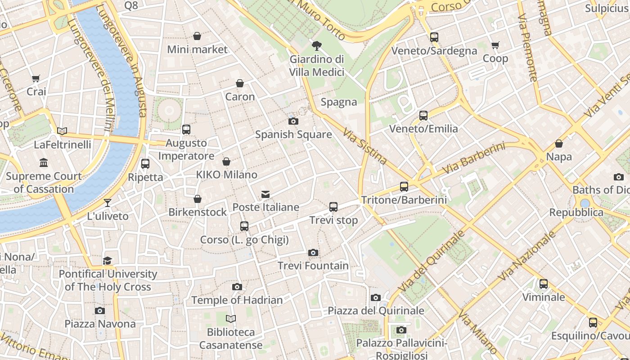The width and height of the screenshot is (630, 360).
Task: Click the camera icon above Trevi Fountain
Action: (313, 252)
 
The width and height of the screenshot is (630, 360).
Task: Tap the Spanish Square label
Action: (293, 134)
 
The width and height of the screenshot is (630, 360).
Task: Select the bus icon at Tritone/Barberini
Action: (404, 186)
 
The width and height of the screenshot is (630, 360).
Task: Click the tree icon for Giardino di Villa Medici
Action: (317, 45)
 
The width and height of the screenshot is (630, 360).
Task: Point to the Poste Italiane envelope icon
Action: (265, 194)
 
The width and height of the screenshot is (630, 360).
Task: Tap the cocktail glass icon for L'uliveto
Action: (108, 202)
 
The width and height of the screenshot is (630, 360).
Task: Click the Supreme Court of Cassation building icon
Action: (44, 162)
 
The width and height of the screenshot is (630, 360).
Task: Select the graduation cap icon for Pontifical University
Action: (107, 261)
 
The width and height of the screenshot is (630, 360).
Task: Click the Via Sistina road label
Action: (364, 146)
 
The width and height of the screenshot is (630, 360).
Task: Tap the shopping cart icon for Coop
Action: (495, 45)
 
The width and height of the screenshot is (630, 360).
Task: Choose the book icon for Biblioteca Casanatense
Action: (231, 319)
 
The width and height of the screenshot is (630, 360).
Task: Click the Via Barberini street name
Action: (473, 158)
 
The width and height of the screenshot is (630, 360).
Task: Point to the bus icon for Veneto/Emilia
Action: (423, 115)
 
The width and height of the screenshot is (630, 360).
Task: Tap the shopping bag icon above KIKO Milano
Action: (226, 161)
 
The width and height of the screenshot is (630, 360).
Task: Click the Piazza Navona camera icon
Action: (100, 310)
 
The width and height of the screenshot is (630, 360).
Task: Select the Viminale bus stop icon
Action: (544, 283)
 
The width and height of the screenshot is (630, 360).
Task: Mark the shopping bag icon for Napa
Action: (559, 144)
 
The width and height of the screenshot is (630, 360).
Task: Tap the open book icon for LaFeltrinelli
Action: (62, 131)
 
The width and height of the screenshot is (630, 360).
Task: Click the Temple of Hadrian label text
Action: (237, 300)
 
